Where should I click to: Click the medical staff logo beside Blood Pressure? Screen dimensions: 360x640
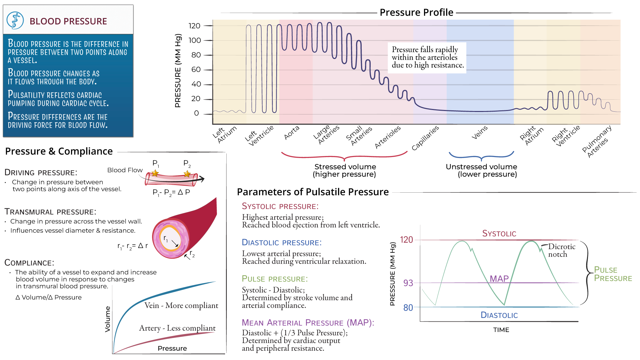(15, 21)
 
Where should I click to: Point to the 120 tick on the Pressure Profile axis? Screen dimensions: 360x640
(195, 26)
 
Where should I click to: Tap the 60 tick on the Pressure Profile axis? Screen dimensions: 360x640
(196, 70)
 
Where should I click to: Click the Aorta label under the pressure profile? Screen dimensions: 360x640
(292, 133)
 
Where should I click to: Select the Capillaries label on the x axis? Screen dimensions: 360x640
(425, 138)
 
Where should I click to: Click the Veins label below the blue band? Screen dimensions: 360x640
(480, 133)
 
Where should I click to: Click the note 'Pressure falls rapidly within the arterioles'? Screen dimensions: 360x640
(427, 57)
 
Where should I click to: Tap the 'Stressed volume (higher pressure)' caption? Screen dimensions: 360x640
(345, 170)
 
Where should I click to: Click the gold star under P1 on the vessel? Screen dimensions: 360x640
(155, 173)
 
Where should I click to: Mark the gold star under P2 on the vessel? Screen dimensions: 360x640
(187, 174)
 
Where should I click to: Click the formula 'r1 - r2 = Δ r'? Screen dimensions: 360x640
(132, 246)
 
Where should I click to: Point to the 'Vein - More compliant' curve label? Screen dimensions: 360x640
(181, 305)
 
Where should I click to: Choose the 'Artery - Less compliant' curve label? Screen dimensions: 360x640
(177, 328)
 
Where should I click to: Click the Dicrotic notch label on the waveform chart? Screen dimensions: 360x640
(561, 250)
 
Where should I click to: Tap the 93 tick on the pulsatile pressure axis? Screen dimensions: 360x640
(408, 283)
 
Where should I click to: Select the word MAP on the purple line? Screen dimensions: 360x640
(499, 279)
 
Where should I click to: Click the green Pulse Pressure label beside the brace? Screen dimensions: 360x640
(613, 274)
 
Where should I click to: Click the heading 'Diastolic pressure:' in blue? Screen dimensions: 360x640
(282, 243)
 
